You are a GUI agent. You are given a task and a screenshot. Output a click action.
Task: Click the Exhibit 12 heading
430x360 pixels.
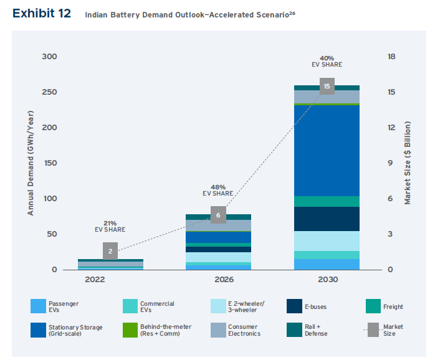[41, 13]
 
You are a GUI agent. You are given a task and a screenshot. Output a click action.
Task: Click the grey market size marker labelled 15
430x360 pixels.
[327, 86]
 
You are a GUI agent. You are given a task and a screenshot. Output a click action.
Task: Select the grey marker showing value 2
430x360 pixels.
[110, 251]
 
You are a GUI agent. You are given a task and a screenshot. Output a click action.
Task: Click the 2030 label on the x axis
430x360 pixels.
[327, 280]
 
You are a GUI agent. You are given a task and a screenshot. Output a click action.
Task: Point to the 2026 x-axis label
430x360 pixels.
[218, 280]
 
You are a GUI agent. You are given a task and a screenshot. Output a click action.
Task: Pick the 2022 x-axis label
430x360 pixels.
[110, 280]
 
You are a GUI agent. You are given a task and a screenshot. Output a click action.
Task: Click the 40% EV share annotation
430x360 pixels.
[327, 60]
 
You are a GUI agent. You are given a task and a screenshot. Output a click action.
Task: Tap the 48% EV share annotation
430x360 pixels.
[218, 189]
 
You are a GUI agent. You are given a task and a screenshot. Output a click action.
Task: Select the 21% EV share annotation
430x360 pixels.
[110, 226]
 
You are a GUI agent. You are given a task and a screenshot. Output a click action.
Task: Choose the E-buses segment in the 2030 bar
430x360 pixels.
[327, 219]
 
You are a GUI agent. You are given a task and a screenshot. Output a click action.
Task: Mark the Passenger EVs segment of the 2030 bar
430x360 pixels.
[327, 264]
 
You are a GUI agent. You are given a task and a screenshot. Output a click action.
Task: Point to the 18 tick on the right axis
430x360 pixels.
[391, 57]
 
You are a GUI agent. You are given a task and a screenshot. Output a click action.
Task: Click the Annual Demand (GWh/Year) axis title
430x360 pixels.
[30, 163]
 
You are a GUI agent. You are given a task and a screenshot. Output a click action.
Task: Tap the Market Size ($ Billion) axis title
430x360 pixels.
[408, 163]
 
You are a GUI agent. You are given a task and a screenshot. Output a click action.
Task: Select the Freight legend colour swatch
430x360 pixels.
[373, 306]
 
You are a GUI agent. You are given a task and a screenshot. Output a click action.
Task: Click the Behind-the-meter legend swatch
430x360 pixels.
[130, 329]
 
